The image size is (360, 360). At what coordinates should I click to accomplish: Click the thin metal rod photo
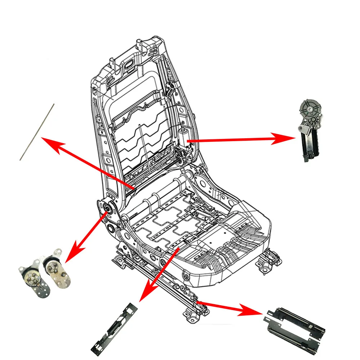coord(37,132)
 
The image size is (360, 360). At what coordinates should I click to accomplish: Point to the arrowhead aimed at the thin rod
coord(49,142)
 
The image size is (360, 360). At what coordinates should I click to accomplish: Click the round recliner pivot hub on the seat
coord(107,208)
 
